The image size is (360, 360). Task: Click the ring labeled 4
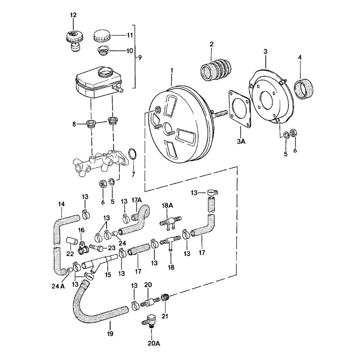[x=304, y=89]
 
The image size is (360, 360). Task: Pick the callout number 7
[x=133, y=175]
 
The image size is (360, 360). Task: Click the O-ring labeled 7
[x=132, y=154]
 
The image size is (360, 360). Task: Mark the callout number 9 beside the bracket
[x=140, y=57]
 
